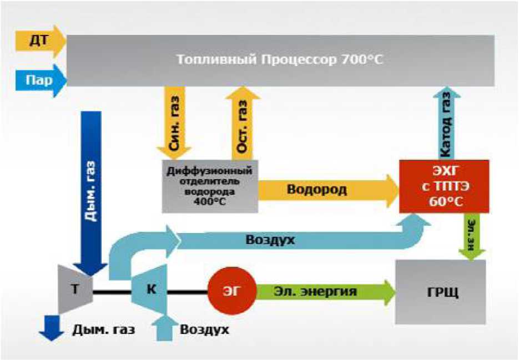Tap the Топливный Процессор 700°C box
280,60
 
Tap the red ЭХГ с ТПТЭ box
444,186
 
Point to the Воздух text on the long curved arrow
271,241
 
